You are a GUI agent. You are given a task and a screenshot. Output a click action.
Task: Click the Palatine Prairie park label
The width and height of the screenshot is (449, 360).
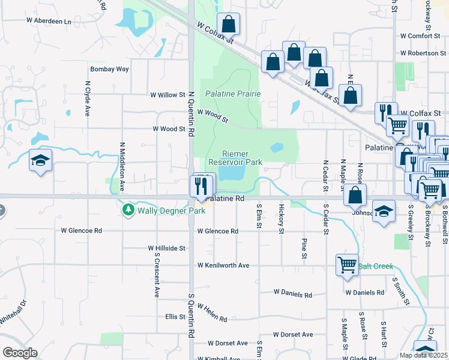click(x=233, y=94)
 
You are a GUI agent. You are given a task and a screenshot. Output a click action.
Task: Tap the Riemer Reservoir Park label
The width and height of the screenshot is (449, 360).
click(x=235, y=158)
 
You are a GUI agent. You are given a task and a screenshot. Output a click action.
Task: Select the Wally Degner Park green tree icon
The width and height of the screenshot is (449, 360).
click(x=127, y=209)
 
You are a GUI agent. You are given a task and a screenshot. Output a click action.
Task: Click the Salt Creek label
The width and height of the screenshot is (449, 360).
click(x=376, y=265)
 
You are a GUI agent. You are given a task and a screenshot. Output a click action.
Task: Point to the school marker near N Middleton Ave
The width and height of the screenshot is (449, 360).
click(x=41, y=160)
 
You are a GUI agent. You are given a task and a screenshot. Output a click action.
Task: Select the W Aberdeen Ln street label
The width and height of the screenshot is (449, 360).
click(x=49, y=21)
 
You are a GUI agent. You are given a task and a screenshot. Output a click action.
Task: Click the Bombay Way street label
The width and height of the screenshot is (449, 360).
click(x=110, y=69)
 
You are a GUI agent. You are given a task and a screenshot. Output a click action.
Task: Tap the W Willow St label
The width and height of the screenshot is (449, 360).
click(x=167, y=95)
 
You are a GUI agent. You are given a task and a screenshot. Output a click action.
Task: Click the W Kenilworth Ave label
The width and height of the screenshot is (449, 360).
click(x=223, y=265)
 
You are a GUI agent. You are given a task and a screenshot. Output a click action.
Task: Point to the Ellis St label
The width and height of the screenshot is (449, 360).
click(x=175, y=316)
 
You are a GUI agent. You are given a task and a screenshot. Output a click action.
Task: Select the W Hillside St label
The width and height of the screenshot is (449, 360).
click(x=167, y=248)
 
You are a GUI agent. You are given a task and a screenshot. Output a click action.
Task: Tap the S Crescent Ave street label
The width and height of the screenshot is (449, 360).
click(x=156, y=280)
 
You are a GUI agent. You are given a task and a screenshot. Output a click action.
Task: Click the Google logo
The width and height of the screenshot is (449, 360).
click(x=20, y=353)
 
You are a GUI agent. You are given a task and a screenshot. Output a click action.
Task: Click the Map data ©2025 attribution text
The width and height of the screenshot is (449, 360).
click(x=423, y=355)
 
